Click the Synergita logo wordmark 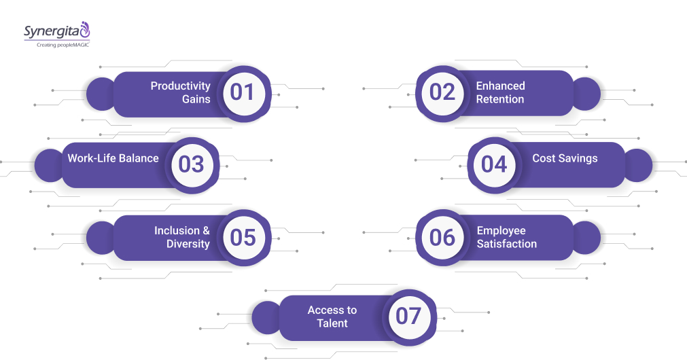tap(52, 32)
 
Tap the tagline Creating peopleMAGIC tap(63, 45)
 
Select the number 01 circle tap(244, 93)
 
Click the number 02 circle tap(442, 93)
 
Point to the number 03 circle tap(192, 165)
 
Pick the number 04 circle tap(494, 165)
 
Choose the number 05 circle tap(244, 238)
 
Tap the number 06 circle tap(442, 238)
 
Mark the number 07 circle tap(409, 317)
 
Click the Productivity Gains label tap(181, 92)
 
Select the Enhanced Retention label tap(500, 92)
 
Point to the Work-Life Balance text tap(113, 158)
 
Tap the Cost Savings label tap(565, 158)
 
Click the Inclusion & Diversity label tap(182, 237)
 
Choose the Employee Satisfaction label tap(506, 237)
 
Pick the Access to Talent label tap(332, 317)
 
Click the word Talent tap(332, 323)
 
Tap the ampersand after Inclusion tap(206, 230)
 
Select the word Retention tap(500, 99)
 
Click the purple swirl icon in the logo tap(84, 29)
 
